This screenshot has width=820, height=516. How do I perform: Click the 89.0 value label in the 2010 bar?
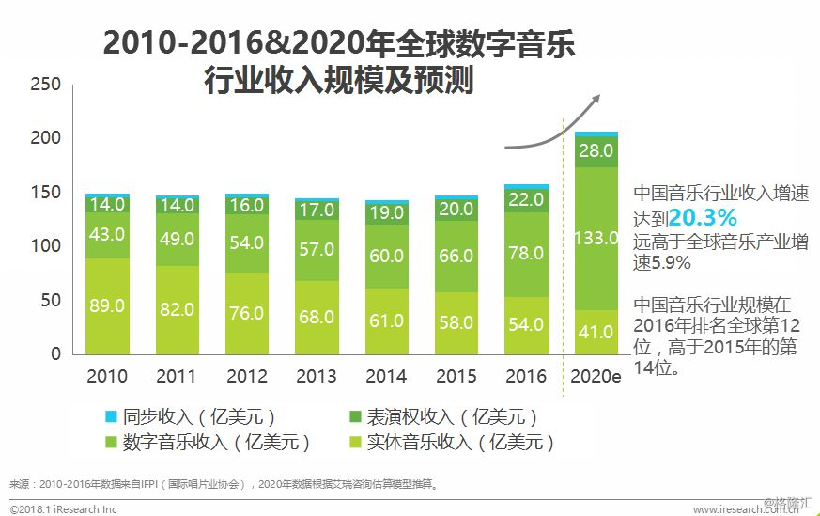[107, 306]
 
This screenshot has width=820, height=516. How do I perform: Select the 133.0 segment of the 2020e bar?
[596, 239]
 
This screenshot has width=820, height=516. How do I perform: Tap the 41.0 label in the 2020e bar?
[596, 332]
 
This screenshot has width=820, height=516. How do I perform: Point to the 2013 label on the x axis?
[316, 377]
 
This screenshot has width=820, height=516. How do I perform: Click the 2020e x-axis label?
[596, 377]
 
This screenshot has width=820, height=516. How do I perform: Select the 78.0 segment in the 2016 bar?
[526, 254]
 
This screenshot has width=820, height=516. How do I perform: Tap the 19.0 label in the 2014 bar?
[386, 213]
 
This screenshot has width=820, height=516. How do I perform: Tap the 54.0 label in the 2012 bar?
[246, 242]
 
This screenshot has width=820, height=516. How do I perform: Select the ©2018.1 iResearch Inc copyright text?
[64, 508]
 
